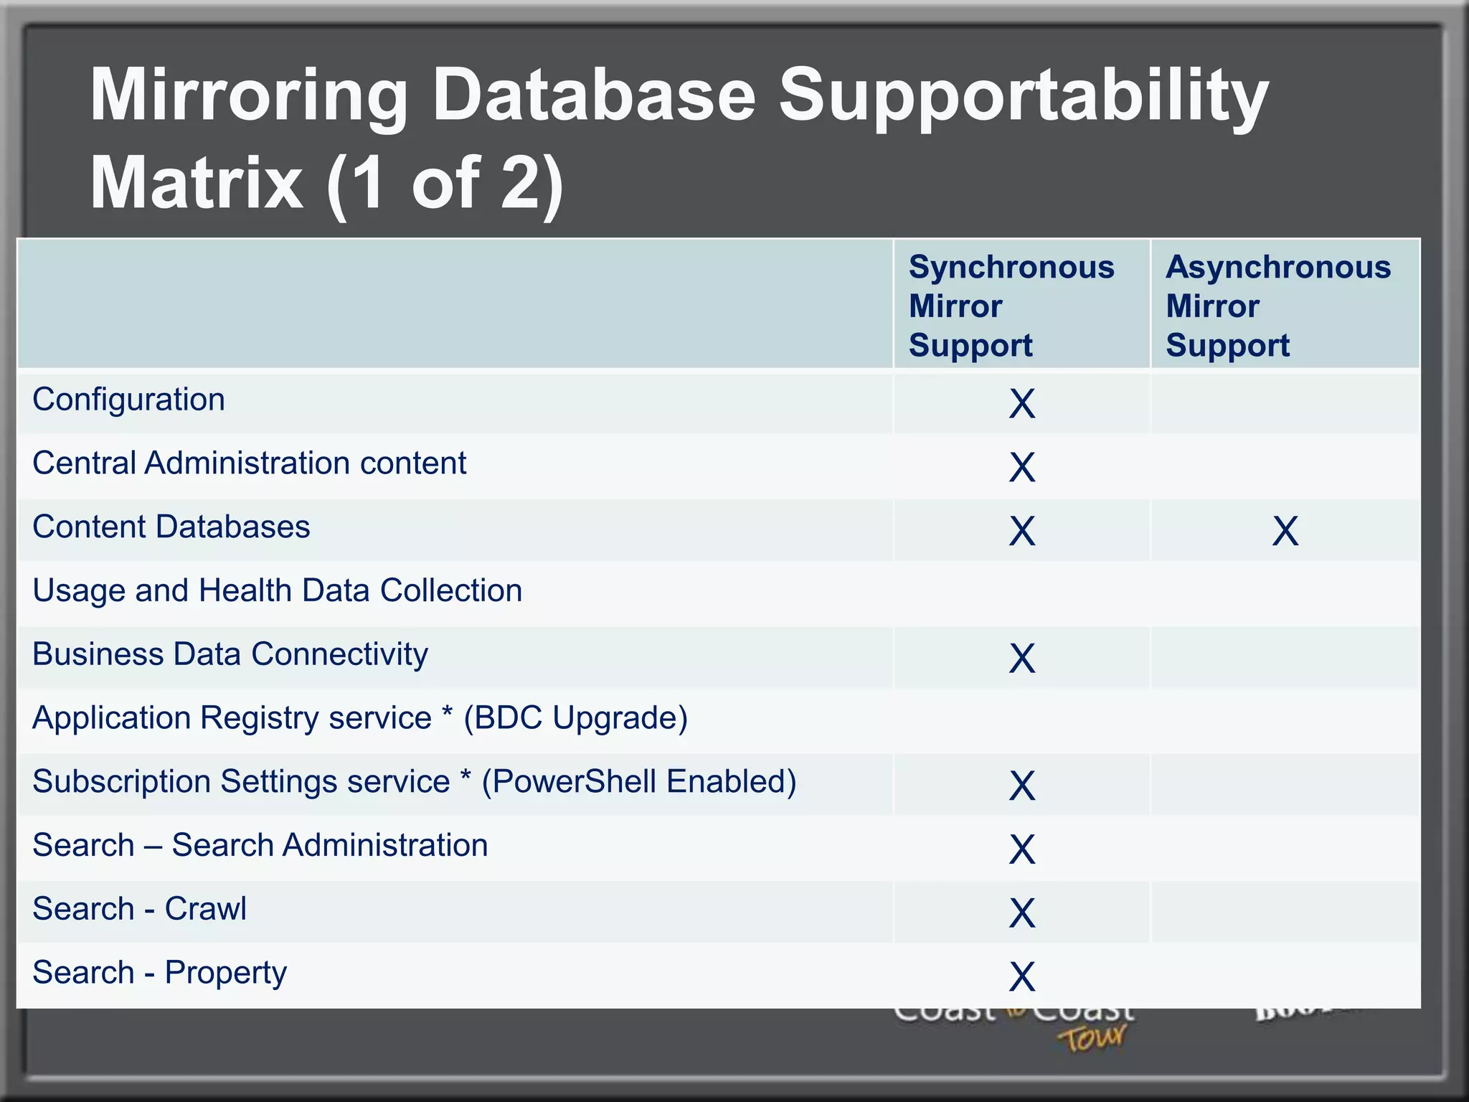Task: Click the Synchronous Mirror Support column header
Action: [x=1011, y=306]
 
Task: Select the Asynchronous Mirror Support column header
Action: [x=1278, y=306]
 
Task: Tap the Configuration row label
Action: [x=129, y=400]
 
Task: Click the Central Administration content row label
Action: [x=250, y=463]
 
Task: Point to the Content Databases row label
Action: [x=171, y=527]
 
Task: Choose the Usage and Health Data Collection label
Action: [x=278, y=591]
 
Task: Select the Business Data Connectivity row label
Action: [x=230, y=654]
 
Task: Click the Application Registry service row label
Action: [x=360, y=718]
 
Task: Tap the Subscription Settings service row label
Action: [x=415, y=782]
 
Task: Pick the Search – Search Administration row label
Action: [x=260, y=845]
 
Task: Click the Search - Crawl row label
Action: [x=140, y=909]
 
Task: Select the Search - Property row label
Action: [x=160, y=973]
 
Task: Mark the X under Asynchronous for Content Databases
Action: [x=1285, y=532]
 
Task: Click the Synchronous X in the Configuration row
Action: [x=1022, y=404]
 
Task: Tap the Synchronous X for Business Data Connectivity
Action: [x=1022, y=659]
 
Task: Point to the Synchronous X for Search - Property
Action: [x=1022, y=977]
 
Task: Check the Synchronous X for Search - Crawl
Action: [x=1022, y=913]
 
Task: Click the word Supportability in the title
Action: [x=1024, y=97]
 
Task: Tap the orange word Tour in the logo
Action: [x=1092, y=1038]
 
